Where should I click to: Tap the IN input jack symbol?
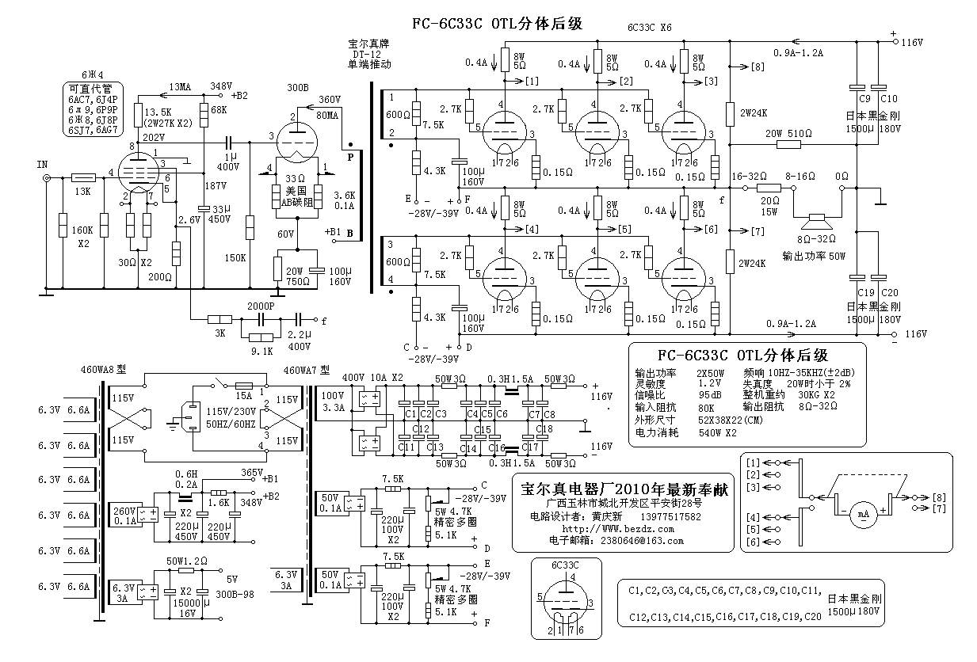click(47, 178)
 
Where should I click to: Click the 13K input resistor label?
click(82, 191)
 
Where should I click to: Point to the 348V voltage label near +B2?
click(220, 86)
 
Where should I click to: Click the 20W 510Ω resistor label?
click(788, 133)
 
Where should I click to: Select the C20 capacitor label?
click(889, 292)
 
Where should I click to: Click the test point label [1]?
click(531, 81)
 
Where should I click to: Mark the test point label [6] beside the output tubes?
click(710, 229)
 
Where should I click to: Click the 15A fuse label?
click(242, 395)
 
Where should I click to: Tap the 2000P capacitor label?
click(260, 305)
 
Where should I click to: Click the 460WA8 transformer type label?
click(102, 369)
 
